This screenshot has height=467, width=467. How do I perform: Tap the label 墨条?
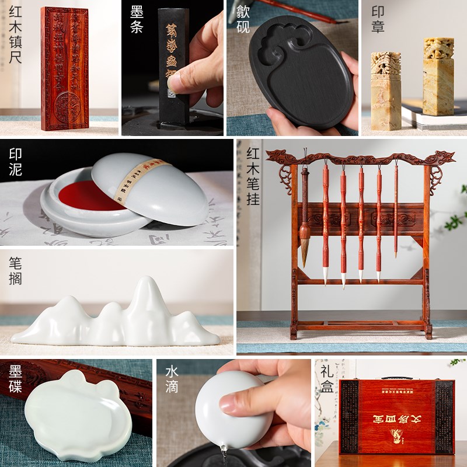coord(136,19)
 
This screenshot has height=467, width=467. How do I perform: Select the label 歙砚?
coord(242,19)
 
